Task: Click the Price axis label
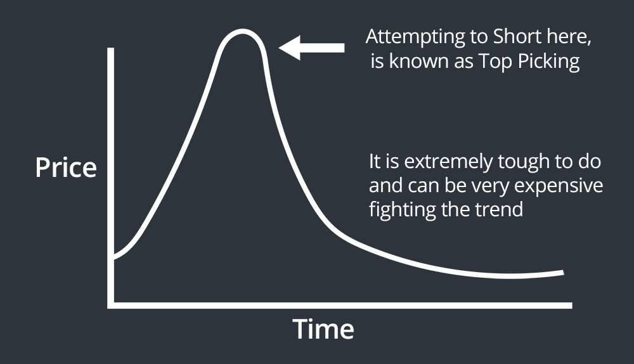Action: point(66,167)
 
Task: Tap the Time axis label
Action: point(323,329)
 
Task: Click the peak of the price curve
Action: point(242,31)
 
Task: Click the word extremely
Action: point(448,162)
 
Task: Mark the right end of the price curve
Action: point(563,273)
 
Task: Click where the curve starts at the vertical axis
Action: point(114,257)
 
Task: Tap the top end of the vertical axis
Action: point(110,49)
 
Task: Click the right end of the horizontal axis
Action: point(571,306)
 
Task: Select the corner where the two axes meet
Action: point(110,306)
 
